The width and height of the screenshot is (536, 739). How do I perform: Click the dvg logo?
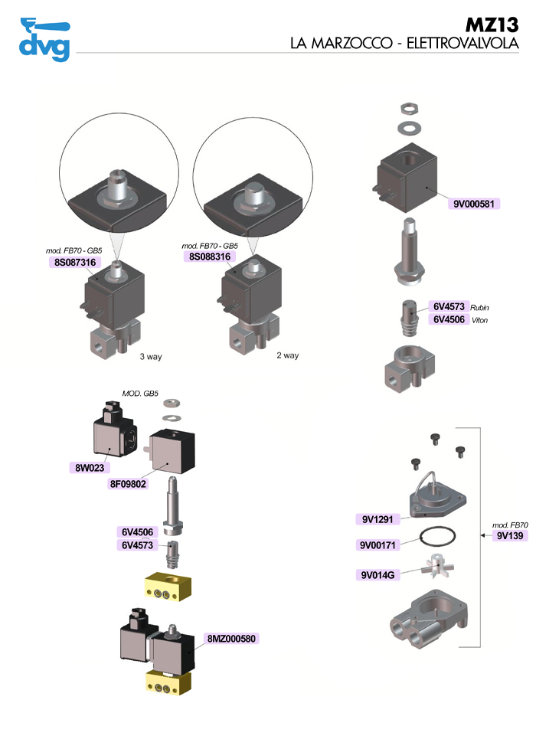pyautogui.click(x=44, y=39)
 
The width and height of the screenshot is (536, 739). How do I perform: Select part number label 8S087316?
pyautogui.click(x=72, y=262)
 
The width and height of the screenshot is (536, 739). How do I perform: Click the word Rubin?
pyautogui.click(x=479, y=307)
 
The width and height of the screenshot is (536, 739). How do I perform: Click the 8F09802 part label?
pyautogui.click(x=128, y=483)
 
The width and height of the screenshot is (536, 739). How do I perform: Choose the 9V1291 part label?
pyautogui.click(x=377, y=519)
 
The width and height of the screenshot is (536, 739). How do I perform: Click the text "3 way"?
pyautogui.click(x=151, y=357)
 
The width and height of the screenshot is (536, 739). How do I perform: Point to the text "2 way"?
pyautogui.click(x=287, y=355)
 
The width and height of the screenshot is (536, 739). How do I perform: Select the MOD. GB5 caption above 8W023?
pyautogui.click(x=140, y=394)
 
